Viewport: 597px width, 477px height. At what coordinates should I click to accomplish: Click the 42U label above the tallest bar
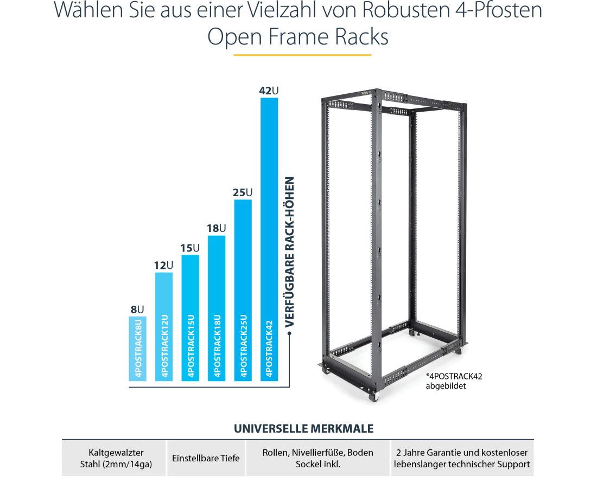click(269, 90)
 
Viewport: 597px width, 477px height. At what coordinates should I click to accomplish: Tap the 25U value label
click(243, 192)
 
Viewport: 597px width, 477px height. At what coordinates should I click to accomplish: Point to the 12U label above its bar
click(163, 265)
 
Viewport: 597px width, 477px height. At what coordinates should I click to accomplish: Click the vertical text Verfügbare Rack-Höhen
click(290, 252)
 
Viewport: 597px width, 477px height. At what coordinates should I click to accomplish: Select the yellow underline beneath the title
click(302, 55)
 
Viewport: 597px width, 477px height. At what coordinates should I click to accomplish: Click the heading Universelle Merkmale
click(303, 429)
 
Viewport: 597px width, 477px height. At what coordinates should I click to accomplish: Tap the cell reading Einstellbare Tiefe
click(206, 458)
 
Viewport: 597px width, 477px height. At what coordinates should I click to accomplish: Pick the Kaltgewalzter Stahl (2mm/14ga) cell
click(112, 458)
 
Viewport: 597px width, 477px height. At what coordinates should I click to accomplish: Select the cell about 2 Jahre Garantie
click(461, 458)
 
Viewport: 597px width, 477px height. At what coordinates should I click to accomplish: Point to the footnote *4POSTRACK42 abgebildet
click(453, 381)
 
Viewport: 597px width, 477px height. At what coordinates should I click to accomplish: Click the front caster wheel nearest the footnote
click(373, 397)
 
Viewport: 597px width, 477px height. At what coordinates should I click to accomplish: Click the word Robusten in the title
click(391, 11)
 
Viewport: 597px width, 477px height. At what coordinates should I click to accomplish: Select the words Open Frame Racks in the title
click(298, 37)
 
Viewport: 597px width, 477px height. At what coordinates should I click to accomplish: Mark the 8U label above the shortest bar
click(137, 310)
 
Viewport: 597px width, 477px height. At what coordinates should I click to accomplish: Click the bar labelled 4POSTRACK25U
click(243, 290)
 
